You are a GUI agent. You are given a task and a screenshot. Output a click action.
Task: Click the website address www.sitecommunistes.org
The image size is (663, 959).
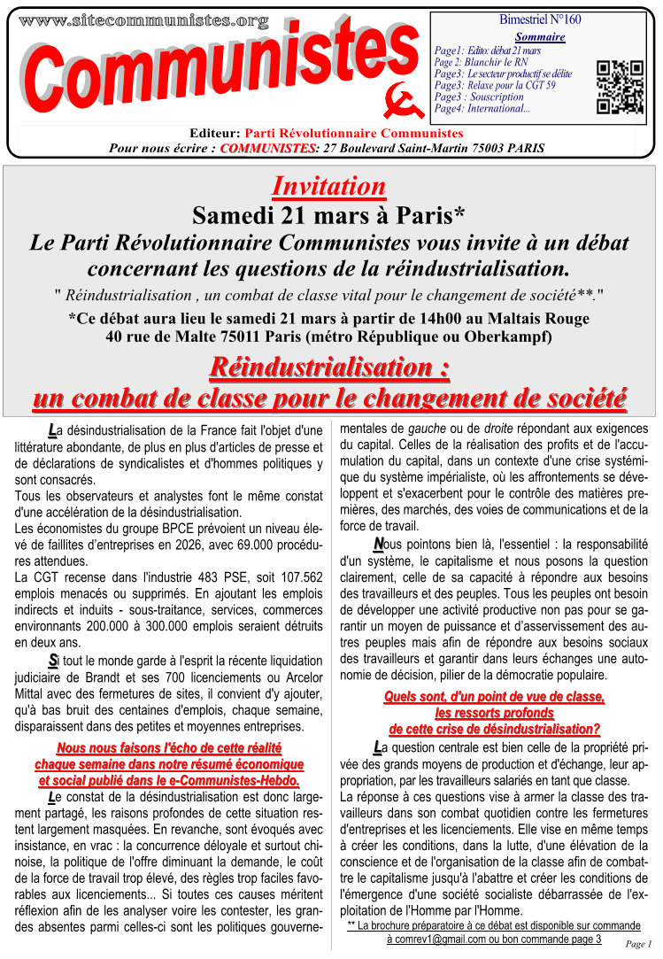point(143,19)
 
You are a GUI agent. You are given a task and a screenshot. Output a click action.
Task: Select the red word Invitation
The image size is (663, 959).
point(328,186)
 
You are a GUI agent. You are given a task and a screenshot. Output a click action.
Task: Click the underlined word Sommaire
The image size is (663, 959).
point(539,37)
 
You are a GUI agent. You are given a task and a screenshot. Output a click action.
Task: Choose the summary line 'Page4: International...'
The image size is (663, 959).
point(482,109)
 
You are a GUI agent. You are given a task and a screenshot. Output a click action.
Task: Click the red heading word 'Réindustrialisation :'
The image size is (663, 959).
point(329,366)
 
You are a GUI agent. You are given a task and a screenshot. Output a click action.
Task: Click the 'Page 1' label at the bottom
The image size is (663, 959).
point(638,944)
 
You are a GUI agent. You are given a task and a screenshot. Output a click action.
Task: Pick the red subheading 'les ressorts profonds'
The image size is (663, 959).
point(494,713)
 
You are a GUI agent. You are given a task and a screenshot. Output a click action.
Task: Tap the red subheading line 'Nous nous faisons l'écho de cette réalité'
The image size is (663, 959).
point(167,747)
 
